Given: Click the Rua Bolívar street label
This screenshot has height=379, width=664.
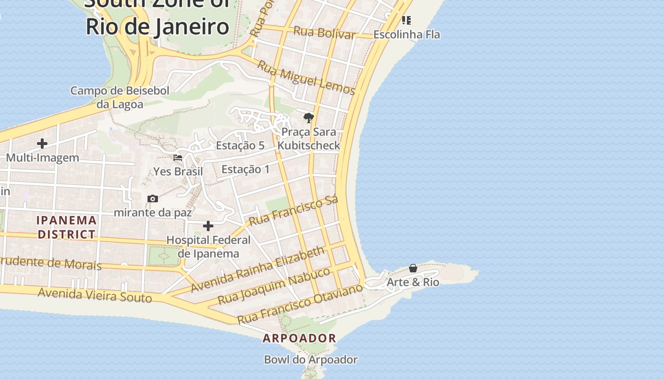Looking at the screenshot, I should [324, 33].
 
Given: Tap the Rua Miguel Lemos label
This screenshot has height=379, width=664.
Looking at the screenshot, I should [306, 76].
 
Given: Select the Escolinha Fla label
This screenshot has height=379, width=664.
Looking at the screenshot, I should [406, 35].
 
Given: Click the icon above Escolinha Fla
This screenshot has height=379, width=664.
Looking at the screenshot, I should [406, 20].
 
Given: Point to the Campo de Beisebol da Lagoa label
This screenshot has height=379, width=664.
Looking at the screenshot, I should [120, 97].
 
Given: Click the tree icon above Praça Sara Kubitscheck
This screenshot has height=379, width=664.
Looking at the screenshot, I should [309, 117].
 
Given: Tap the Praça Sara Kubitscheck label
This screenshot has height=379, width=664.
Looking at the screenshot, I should [309, 138].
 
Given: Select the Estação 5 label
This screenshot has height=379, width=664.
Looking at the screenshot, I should [240, 145].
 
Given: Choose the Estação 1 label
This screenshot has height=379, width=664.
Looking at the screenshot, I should [245, 169].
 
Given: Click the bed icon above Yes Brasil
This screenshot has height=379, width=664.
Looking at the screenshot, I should [178, 158].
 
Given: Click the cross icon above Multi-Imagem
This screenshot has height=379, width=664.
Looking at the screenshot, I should [42, 143].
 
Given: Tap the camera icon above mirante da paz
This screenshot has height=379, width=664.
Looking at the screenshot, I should [153, 199].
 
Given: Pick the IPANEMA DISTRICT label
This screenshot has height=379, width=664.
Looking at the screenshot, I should [67, 227].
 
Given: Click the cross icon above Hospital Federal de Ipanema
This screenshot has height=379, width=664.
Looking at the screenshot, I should [208, 226].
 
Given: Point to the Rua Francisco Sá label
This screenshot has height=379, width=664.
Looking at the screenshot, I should [294, 210].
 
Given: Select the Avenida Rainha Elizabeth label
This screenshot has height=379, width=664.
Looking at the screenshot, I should [258, 269].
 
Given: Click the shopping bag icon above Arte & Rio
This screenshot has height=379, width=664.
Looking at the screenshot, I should [413, 268].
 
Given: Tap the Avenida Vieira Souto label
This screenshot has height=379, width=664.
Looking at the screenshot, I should [95, 295].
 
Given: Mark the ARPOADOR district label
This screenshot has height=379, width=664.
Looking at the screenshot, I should [299, 338].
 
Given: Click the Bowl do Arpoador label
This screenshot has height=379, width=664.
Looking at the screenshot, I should [311, 360].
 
